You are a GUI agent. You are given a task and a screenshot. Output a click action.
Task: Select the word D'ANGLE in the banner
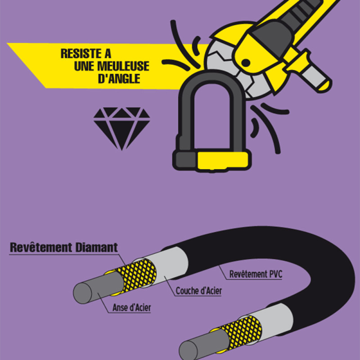tap(119, 79)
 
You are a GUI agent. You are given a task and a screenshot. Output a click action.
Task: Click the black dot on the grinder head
tap(246, 63)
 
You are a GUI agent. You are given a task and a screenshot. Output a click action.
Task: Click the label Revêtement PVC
tap(256, 274)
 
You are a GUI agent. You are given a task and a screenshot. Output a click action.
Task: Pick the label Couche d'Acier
tap(199, 291)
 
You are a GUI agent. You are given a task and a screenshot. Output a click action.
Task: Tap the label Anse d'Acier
tap(131, 308)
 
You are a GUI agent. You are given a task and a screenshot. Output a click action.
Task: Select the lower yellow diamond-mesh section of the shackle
tap(241, 332)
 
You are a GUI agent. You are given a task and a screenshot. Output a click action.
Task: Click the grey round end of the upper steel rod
tap(82, 293)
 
